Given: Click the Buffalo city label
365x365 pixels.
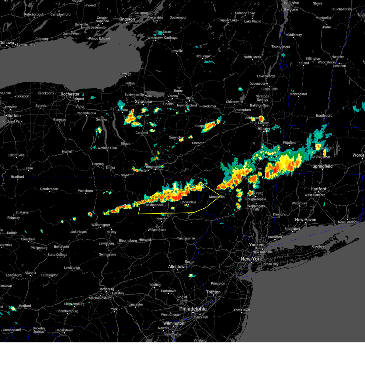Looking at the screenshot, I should tap(14, 116).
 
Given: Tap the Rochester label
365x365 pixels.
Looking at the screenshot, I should tap(70, 94).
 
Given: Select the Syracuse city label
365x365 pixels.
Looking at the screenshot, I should tap(143, 102).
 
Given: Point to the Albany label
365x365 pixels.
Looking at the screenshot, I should tap(264, 129).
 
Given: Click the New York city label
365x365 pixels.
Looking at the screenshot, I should tap(251, 259).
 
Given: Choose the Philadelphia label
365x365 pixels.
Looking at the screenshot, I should tap(193, 309).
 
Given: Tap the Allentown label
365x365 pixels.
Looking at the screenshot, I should tap(177, 267).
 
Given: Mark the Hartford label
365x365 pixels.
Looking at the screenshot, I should tap(318, 189).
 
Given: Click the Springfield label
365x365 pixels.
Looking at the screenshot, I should tap(322, 166).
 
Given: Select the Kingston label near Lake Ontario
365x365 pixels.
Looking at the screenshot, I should tap(127, 19).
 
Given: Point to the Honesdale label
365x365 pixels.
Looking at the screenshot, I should tap(188, 202).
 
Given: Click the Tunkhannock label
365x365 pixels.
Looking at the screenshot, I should tap(154, 205).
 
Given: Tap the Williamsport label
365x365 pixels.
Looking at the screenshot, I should tap(101, 225).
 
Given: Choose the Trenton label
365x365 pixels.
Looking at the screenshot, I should tap(213, 292).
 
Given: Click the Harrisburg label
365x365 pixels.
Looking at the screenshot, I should tap(106, 289).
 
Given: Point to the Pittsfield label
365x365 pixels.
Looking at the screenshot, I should tap(290, 143).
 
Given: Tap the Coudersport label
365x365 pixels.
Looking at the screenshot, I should tap(49, 189).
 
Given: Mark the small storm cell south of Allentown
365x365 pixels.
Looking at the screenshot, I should tap(191, 276).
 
